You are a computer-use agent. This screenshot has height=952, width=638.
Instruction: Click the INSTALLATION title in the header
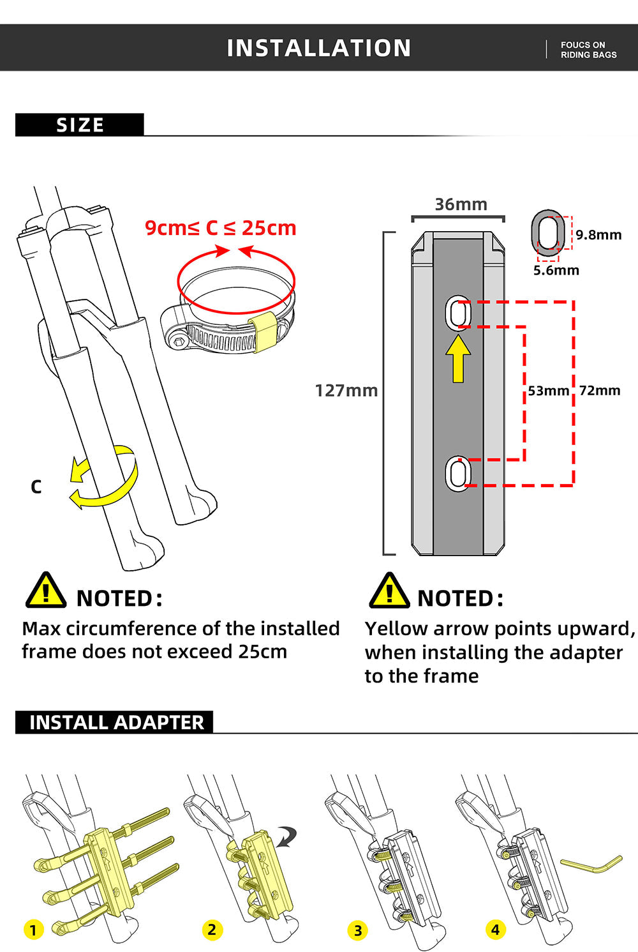[319, 48]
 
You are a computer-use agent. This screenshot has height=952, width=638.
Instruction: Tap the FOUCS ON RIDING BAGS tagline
[588, 50]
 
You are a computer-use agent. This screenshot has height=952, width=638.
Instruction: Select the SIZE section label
[80, 125]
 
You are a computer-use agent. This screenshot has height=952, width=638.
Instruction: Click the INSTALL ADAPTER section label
[116, 722]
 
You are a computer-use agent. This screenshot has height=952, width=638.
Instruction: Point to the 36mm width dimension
[461, 204]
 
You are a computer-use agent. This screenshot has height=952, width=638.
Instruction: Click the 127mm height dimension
[346, 390]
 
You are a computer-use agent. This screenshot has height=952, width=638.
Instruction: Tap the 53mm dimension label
[548, 391]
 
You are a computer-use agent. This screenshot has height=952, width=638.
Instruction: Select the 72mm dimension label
[600, 391]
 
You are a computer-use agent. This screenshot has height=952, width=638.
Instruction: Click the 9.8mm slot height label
[598, 235]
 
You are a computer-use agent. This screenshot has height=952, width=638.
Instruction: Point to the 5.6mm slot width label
[556, 270]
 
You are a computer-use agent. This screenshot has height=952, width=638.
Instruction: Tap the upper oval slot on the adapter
[457, 314]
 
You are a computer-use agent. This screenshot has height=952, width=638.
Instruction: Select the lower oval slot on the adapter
[457, 474]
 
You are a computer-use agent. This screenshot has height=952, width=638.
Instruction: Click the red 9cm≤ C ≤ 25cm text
[220, 228]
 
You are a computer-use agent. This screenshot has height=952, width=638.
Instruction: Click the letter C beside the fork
[36, 487]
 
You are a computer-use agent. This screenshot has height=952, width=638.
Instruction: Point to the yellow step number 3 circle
[358, 931]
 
